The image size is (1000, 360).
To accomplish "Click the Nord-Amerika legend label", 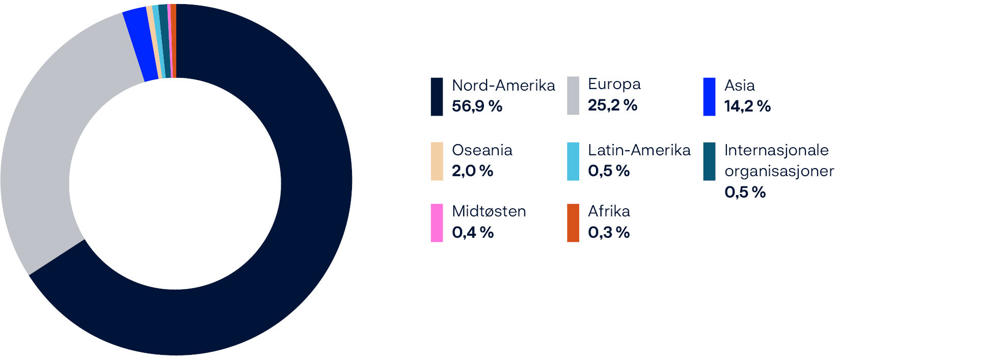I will pyautogui.click(x=503, y=85).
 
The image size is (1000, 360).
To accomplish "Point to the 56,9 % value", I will pyautogui.click(x=477, y=106).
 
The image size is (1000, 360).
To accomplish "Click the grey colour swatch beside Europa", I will pyautogui.click(x=573, y=96).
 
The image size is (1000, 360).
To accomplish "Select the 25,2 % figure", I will pyautogui.click(x=612, y=105).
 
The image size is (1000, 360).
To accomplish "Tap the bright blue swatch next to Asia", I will pyautogui.click(x=709, y=97).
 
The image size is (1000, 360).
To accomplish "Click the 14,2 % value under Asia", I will pyautogui.click(x=747, y=106).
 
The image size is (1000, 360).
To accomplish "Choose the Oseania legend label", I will pyautogui.click(x=481, y=150).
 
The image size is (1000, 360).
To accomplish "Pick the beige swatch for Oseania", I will pyautogui.click(x=437, y=161).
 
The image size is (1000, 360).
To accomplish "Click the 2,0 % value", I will pyautogui.click(x=472, y=171).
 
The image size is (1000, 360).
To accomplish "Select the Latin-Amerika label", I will pyautogui.click(x=639, y=150).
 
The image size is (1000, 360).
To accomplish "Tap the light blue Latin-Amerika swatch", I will pyautogui.click(x=573, y=161).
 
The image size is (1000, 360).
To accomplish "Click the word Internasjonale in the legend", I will pyautogui.click(x=776, y=150).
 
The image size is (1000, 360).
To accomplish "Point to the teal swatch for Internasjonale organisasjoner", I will pyautogui.click(x=709, y=161).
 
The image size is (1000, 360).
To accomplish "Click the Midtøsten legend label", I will pyautogui.click(x=489, y=211).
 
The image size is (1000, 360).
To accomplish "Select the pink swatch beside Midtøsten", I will pyautogui.click(x=437, y=223).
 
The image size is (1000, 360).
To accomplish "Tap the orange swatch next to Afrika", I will pyautogui.click(x=573, y=223).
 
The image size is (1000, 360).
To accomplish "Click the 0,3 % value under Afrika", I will pyautogui.click(x=608, y=232).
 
